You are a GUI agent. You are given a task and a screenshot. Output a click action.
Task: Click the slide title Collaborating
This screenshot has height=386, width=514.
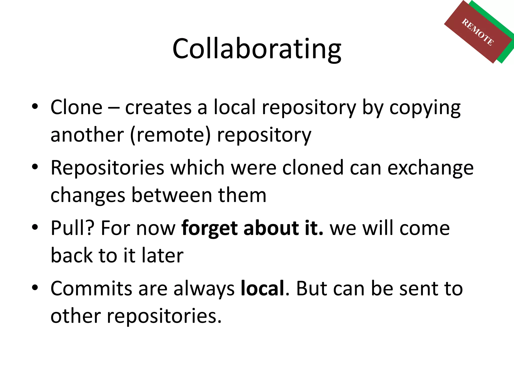256,49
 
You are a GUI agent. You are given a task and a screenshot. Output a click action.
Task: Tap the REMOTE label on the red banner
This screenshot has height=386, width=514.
478,32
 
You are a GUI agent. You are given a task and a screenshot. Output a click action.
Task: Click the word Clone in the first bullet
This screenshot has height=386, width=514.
77,107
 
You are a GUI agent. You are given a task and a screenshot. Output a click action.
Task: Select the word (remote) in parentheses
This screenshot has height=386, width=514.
170,135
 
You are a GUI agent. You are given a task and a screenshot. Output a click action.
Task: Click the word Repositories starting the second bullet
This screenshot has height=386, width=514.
107,168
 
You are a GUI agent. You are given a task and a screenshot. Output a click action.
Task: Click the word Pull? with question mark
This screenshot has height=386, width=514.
73,228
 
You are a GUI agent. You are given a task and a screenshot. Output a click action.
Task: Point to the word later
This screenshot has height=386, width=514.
163,255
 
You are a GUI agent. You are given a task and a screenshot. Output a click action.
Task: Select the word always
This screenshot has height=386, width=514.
204,289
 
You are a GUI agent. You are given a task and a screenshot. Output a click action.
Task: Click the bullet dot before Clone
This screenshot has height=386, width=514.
35,106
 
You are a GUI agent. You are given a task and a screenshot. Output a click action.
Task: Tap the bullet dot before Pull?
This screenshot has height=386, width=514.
35,227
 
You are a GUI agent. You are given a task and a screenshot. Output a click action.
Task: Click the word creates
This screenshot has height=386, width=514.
158,108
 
